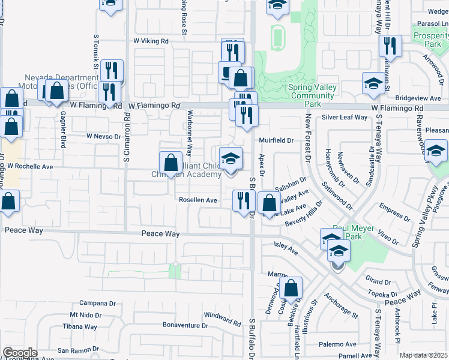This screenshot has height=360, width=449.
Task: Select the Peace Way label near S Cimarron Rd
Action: pyautogui.click(x=161, y=234)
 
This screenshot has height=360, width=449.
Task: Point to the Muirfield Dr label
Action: pyautogui.click(x=276, y=140)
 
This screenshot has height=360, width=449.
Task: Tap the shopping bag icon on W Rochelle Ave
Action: pyautogui.click(x=170, y=163)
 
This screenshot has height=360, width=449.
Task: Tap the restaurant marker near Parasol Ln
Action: pyautogui.click(x=390, y=46)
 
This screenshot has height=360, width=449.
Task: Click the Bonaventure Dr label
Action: pyautogui.click(x=188, y=326)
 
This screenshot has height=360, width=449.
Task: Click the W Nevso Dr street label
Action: pyautogui.click(x=103, y=136)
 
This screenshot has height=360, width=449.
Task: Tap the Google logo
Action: pyautogui.click(x=20, y=353)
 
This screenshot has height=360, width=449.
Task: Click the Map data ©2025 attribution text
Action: pyautogui.click(x=423, y=355)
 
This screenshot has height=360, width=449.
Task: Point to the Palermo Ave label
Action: pyautogui.click(x=337, y=344)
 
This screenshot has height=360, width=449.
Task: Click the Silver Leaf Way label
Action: pyautogui.click(x=345, y=118)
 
